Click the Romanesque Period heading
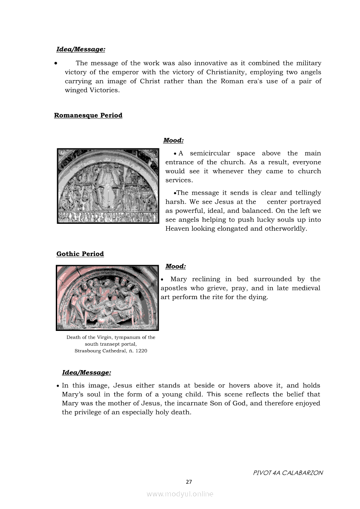pyautogui.click(x=88, y=115)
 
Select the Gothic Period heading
pyautogui.click(x=80, y=254)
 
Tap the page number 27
pyautogui.click(x=189, y=482)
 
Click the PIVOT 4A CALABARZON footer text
pyautogui.click(x=288, y=473)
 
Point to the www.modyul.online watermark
pyautogui.click(x=180, y=494)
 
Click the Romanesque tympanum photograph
pyautogui.click(x=108, y=186)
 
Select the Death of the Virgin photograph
pyautogui.click(x=107, y=298)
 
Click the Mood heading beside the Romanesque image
pyautogui.click(x=173, y=140)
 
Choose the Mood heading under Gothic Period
pyautogui.click(x=175, y=266)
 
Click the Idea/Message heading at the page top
pyautogui.click(x=81, y=50)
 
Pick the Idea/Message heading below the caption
pyautogui.click(x=86, y=372)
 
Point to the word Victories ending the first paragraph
pyautogui.click(x=104, y=90)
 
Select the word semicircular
pyautogui.click(x=210, y=153)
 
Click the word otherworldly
pyautogui.click(x=285, y=229)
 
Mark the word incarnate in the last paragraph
pyautogui.click(x=183, y=403)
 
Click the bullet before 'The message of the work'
pyautogui.click(x=56, y=64)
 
